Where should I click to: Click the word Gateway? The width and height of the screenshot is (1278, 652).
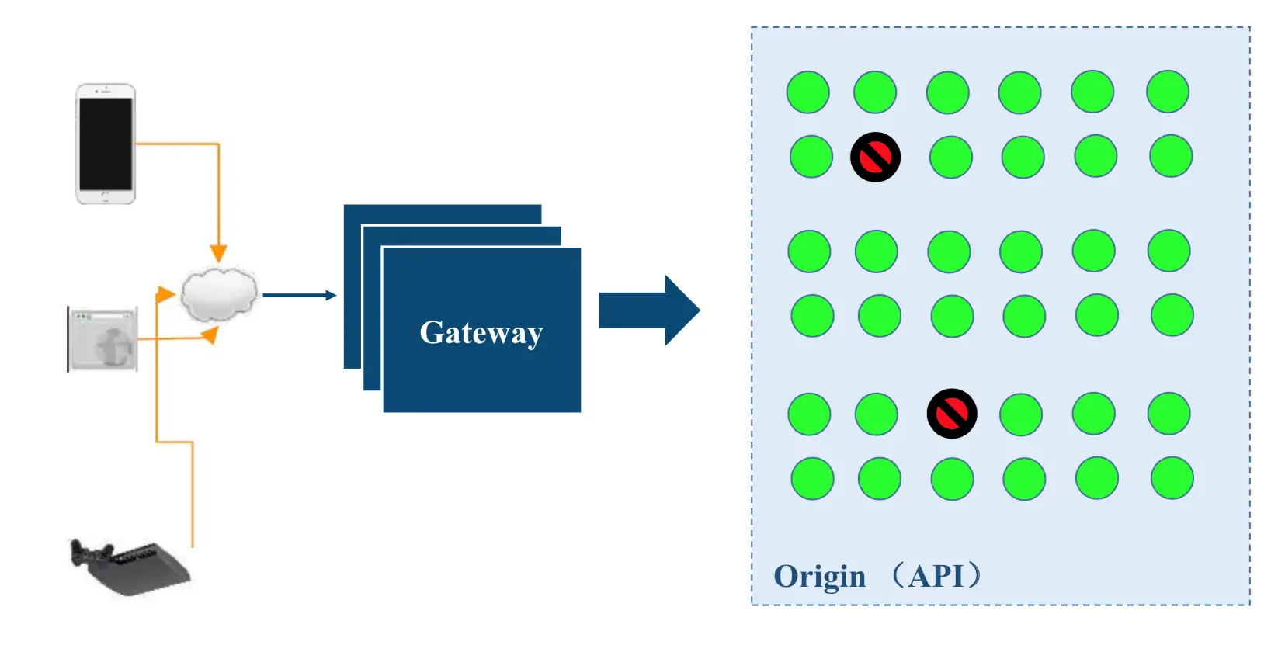(x=481, y=333)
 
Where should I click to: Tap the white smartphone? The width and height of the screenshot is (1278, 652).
(x=106, y=144)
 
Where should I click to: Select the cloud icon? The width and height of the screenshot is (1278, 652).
(x=219, y=294)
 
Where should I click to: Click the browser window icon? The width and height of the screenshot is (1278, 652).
(x=102, y=339)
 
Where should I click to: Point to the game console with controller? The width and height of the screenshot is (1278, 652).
(x=130, y=567)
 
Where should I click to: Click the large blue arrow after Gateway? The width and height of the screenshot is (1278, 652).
(x=650, y=310)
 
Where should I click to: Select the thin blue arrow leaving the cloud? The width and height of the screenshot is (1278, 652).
(x=300, y=295)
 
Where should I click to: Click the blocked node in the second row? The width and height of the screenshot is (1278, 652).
(x=875, y=157)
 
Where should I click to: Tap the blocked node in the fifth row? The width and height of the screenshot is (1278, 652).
(x=952, y=414)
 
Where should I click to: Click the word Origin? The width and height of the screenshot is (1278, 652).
(x=819, y=577)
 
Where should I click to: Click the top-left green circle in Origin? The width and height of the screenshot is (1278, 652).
(x=808, y=92)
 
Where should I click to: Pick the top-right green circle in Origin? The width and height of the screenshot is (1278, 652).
(x=1168, y=92)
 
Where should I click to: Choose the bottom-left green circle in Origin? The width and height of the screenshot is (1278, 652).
(x=812, y=479)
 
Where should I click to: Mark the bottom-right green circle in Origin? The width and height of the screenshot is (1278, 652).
(x=1172, y=478)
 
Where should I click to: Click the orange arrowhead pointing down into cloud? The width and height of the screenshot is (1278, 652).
(x=218, y=253)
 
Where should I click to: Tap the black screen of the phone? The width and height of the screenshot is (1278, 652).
(x=106, y=144)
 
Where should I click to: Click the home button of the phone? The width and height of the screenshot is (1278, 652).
(x=106, y=197)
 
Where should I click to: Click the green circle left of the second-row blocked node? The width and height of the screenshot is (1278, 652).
(x=811, y=157)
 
